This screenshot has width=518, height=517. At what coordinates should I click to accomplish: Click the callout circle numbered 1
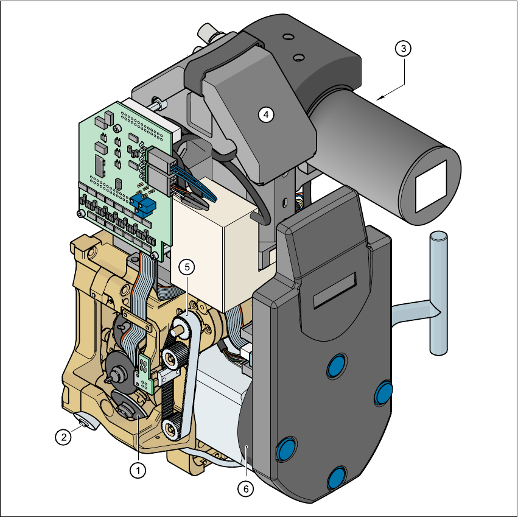[138, 470]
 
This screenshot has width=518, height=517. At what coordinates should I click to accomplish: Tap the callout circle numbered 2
[63, 437]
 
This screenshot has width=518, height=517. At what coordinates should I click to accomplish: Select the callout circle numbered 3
[404, 49]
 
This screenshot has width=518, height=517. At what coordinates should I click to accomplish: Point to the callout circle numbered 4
[266, 114]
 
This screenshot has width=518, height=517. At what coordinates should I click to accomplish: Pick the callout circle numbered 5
[187, 267]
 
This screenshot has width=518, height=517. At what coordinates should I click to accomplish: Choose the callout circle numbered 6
[246, 488]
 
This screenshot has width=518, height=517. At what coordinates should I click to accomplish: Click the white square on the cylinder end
[431, 186]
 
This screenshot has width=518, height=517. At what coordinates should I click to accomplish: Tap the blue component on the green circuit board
[142, 205]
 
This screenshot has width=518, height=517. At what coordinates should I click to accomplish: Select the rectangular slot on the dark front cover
[335, 290]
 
